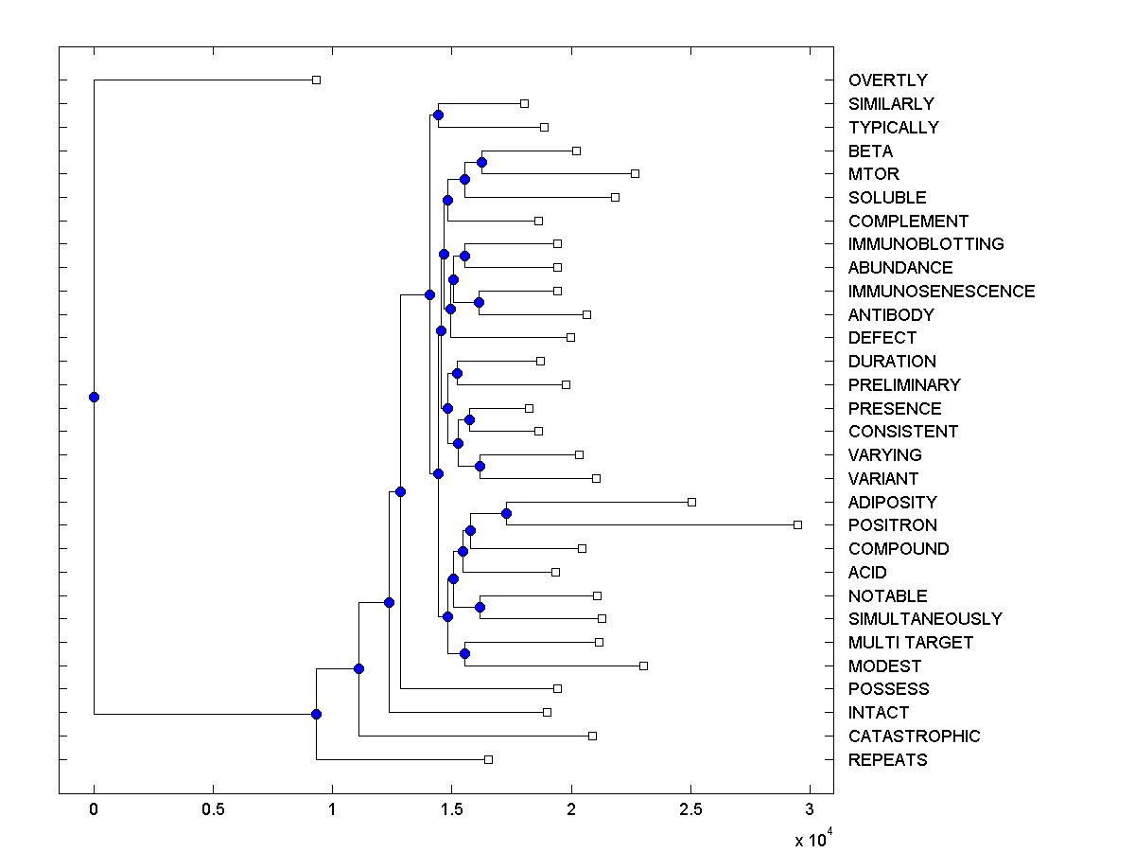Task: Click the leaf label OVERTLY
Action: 887,80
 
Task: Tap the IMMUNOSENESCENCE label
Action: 941,292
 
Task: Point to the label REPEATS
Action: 887,760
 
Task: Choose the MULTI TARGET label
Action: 910,643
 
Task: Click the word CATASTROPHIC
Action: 914,737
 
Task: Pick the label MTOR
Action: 873,174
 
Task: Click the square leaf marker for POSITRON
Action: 797,524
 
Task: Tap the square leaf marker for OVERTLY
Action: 316,80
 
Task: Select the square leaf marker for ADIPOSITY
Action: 691,502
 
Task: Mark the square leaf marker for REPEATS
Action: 488,759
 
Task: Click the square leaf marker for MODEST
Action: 643,666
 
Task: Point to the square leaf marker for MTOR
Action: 635,173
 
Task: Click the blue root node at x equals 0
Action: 94,397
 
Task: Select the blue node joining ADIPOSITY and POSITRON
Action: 506,513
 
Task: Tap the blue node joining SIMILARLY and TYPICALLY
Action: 438,115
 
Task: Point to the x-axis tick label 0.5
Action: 213,808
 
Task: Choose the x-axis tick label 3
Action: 810,808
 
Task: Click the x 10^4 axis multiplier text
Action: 812,839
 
